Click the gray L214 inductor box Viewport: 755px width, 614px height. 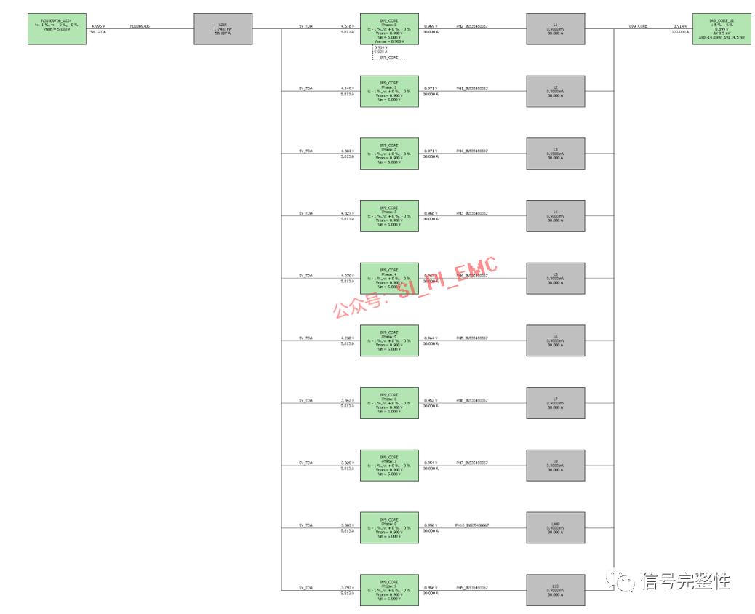pos(223,28)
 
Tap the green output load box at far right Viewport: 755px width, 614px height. pos(722,29)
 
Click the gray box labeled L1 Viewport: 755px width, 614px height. pos(555,28)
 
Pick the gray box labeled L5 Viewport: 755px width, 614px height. pos(555,278)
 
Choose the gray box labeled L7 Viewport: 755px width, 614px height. pos(555,403)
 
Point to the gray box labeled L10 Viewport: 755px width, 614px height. pos(555,589)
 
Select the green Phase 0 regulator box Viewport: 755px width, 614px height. pos(389,28)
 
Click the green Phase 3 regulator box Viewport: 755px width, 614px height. pos(389,216)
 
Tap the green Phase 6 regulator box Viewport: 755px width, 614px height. pos(389,403)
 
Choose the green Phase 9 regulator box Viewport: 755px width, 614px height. pos(389,590)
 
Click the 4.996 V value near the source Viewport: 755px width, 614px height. pos(98,25)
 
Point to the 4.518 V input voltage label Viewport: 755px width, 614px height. pos(348,25)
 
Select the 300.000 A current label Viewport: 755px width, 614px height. pos(679,32)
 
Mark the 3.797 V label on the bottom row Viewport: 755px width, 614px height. pos(348,587)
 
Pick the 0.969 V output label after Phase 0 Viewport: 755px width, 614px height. pos(431,25)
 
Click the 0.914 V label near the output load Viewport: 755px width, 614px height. pos(680,25)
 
